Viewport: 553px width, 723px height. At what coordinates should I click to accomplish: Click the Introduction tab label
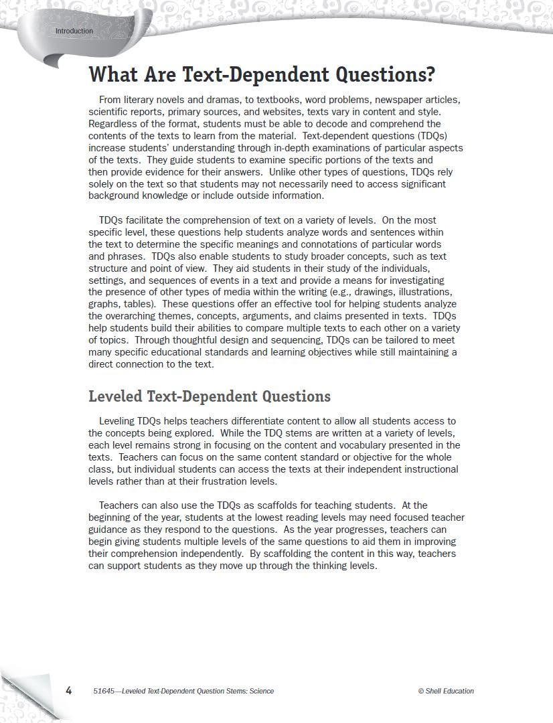coord(74,31)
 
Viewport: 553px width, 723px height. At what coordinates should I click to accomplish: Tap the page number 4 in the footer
coord(68,690)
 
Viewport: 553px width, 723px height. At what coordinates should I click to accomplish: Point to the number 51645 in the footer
coord(104,691)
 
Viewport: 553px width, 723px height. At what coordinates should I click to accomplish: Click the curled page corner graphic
coord(27,690)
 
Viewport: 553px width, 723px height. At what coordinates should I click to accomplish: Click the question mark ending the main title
coord(429,74)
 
